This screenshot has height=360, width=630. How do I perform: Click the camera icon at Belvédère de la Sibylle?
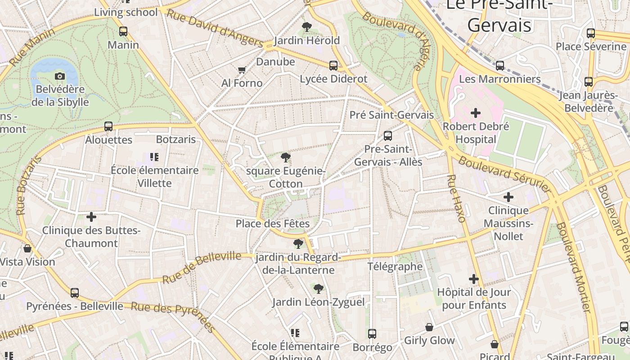59,76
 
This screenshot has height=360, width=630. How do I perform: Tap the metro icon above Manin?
123,31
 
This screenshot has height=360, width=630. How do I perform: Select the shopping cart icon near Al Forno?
242,70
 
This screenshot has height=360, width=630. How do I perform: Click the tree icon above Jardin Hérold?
307,27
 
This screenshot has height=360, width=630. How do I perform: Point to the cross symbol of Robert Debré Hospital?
475,113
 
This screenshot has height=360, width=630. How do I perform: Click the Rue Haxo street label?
456,198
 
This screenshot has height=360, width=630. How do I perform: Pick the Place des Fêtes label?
273,224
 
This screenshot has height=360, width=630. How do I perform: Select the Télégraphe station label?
395,266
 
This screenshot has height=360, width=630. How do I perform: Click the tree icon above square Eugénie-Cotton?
285,157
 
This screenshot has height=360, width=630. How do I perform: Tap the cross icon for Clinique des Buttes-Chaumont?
91,217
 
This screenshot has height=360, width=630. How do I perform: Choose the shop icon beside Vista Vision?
27,248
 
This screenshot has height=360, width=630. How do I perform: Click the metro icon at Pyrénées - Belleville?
75,293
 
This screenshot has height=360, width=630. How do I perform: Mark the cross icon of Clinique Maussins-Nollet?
508,197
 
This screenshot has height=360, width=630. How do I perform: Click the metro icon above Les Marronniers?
500,66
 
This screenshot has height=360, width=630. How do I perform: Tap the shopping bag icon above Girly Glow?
429,327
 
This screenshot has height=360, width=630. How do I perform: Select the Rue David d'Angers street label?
215,28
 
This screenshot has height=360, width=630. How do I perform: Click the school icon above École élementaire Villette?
154,157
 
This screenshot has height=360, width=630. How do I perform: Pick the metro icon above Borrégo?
372,334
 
